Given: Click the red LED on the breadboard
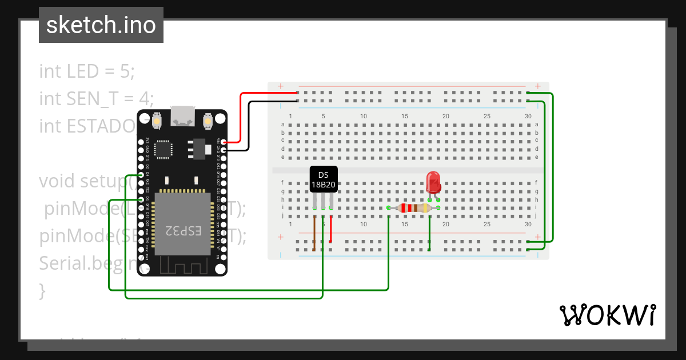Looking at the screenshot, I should tap(433, 183).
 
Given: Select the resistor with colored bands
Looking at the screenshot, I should tap(413, 208).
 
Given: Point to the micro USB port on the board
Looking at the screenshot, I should tap(182, 117).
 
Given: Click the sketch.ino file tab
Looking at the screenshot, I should tap(101, 25).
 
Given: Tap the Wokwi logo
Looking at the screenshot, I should tap(607, 315).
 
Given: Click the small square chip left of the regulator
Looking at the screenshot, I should tap(164, 149).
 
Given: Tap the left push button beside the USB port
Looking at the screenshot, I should tap(157, 121).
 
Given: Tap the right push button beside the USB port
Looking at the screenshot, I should tap(208, 121).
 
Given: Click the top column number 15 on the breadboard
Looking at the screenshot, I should tap(405, 117).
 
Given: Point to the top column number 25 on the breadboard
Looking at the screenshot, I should tap(486, 117).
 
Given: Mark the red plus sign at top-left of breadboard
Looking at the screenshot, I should tap(281, 87).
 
